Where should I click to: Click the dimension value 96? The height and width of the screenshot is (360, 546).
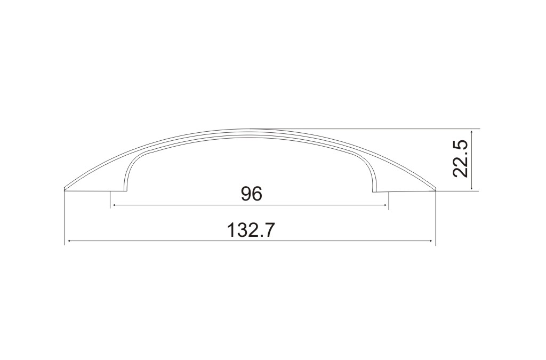(x=252, y=194)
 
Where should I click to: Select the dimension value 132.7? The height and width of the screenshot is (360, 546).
(x=251, y=230)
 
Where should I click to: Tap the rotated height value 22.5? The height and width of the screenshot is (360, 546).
(x=460, y=159)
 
